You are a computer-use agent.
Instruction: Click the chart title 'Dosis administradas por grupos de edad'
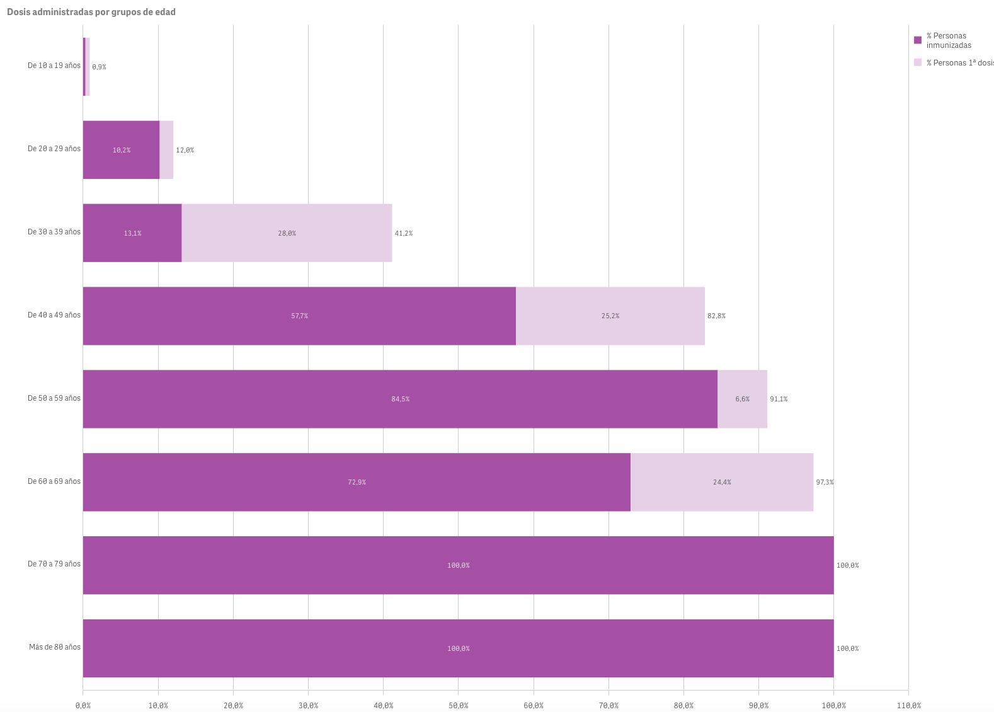point(91,12)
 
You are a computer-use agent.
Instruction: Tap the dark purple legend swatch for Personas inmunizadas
point(918,40)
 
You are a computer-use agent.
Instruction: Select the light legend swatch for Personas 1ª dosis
point(918,62)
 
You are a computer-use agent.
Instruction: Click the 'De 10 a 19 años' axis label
point(54,66)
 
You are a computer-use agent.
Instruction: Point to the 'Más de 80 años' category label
point(55,647)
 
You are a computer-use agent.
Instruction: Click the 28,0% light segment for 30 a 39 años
point(287,233)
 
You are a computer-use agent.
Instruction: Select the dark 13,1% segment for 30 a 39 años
point(132,233)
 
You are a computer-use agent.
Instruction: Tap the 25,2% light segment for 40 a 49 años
point(610,316)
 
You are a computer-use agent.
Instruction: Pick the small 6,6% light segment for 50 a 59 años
point(742,399)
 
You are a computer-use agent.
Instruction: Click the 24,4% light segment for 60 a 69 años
point(722,482)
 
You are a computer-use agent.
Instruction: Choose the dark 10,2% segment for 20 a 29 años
point(121,150)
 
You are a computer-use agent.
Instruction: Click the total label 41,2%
point(404,233)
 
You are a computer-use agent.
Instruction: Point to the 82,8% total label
point(716,316)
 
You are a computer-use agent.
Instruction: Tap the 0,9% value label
point(99,67)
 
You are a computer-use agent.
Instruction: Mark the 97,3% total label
point(825,482)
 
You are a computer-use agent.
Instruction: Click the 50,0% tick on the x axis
point(458,705)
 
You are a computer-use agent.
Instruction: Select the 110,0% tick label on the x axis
point(908,705)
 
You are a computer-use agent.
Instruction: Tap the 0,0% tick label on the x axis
point(83,705)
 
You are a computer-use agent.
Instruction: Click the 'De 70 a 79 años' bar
point(458,565)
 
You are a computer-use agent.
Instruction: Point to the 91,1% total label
point(779,399)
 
